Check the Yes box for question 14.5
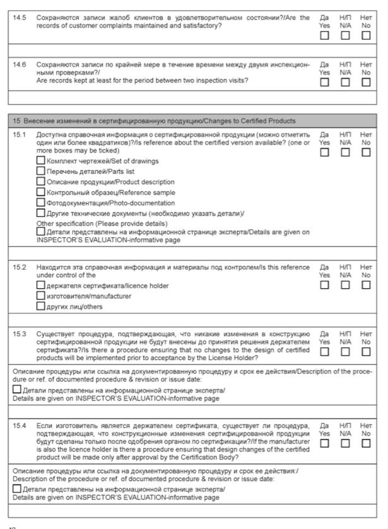(x=324, y=36)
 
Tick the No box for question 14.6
(x=366, y=83)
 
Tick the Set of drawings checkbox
(x=41, y=161)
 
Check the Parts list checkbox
(x=41, y=171)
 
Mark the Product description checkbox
(x=41, y=182)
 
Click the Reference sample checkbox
(x=41, y=192)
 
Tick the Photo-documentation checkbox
(x=41, y=203)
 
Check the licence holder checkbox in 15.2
(x=41, y=285)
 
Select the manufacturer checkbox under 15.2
(x=41, y=296)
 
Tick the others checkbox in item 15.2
(x=41, y=306)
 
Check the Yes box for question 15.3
(x=324, y=351)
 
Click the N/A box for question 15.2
(x=345, y=285)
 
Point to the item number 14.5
(x=20, y=18)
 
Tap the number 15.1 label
(x=20, y=134)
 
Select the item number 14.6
(x=20, y=64)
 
